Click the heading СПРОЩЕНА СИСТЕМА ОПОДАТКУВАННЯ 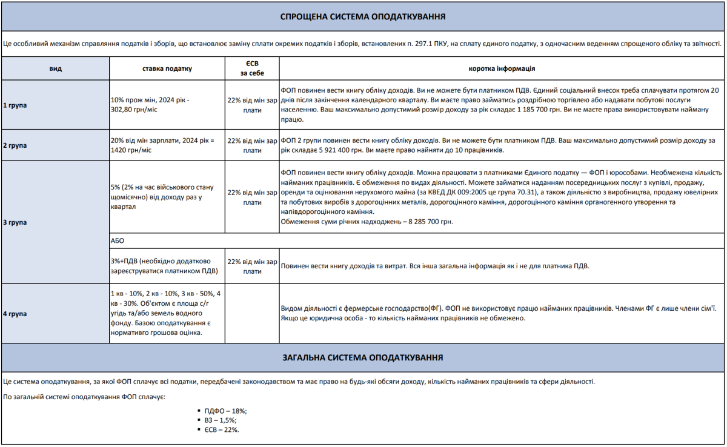pos(363,16)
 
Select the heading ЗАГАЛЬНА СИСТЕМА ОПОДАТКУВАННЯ pos(363,357)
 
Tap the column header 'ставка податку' pos(167,68)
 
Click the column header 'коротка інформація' pos(502,68)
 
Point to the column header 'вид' pos(55,68)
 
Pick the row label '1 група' pos(15,105)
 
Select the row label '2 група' pos(15,145)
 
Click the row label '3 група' pos(15,222)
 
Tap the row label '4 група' pos(15,314)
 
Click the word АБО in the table pos(118,240)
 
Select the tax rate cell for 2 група pos(162,145)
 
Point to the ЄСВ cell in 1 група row pos(252,105)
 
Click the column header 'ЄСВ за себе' pos(252,68)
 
